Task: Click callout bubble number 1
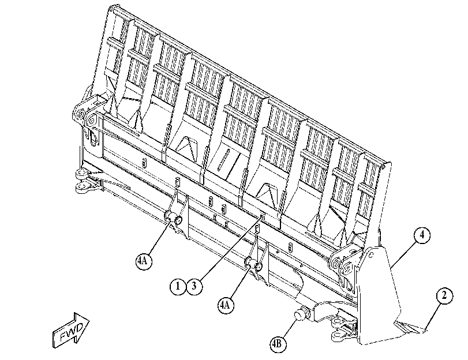tap(178, 286)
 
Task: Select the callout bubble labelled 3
tap(194, 286)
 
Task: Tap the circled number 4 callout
tap(422, 235)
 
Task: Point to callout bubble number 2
tap(444, 296)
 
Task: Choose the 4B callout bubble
tap(277, 344)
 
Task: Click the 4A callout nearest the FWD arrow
tap(144, 261)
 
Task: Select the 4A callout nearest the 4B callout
tap(226, 305)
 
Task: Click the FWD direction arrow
tap(71, 330)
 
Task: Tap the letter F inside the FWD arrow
tap(63, 337)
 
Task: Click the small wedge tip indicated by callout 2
tap(410, 328)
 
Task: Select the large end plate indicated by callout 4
tap(379, 295)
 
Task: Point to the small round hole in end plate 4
tap(371, 255)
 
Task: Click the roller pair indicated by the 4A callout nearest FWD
tap(174, 217)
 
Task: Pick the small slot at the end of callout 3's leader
tap(263, 216)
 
